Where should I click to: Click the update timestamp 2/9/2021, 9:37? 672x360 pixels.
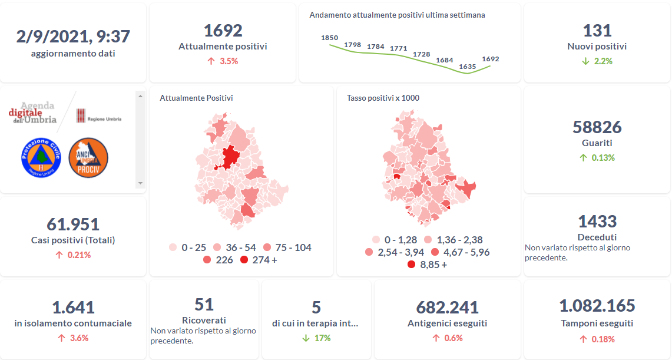[73, 36]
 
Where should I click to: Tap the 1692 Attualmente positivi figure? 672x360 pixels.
[223, 30]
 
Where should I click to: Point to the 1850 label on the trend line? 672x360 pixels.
[329, 38]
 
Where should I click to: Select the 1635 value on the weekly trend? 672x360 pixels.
[467, 67]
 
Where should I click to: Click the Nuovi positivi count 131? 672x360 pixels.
[597, 30]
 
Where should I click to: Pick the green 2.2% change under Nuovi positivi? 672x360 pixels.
[597, 61]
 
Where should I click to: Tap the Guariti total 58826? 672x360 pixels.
[597, 127]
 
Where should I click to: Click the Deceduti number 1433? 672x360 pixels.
[597, 222]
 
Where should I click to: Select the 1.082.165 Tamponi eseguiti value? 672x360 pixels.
[597, 306]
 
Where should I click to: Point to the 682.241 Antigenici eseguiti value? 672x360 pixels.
[447, 307]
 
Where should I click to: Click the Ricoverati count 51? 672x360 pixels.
[204, 304]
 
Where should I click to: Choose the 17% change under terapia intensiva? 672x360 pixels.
[316, 338]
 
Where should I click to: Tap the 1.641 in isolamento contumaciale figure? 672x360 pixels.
[73, 307]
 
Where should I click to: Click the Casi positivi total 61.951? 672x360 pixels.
[73, 224]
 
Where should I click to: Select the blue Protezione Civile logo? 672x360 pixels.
[41, 157]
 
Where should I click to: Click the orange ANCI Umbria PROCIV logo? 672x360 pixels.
[88, 157]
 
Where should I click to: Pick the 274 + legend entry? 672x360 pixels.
[259, 260]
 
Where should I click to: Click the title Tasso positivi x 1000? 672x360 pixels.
[383, 98]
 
